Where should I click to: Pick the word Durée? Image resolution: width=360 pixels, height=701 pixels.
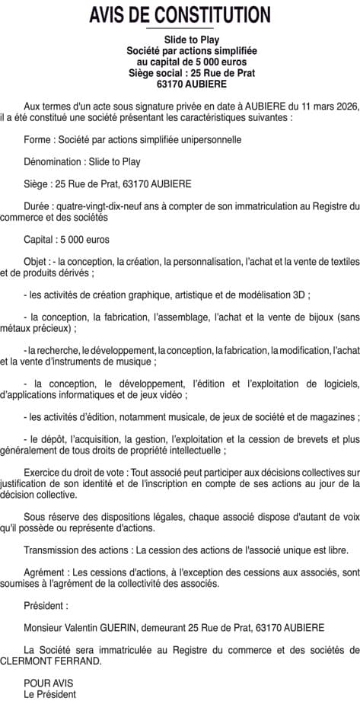37,206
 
